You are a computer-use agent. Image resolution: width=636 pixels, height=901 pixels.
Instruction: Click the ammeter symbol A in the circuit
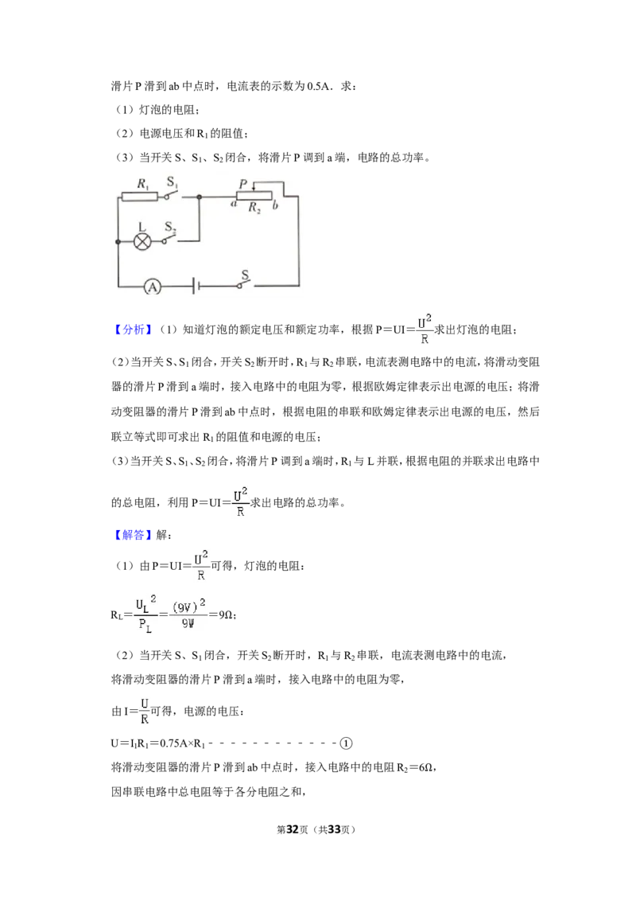point(152,287)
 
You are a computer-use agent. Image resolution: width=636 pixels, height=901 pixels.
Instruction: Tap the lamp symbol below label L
point(142,241)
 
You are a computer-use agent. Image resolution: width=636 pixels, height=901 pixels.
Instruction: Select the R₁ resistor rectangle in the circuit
point(138,197)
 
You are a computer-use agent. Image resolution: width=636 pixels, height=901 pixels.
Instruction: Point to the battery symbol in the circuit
point(195,285)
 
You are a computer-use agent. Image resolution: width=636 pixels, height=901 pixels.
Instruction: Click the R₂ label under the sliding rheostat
point(254,208)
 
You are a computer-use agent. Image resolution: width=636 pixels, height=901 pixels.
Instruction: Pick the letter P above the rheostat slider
point(243,184)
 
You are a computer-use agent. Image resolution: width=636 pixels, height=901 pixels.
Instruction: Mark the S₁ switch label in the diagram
point(173,182)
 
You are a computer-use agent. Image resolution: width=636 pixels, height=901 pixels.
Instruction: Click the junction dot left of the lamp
point(118,242)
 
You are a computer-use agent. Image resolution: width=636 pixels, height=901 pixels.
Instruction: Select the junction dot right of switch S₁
point(200,197)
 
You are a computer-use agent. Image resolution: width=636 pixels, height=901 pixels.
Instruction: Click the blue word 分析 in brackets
point(134,330)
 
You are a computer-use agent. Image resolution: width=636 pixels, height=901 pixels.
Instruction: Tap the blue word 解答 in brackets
point(134,535)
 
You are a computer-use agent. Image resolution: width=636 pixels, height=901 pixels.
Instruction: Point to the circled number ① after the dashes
point(346,743)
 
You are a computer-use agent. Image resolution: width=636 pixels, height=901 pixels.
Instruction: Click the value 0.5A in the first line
point(320,86)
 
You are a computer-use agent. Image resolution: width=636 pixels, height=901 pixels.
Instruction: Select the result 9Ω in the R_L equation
point(226,614)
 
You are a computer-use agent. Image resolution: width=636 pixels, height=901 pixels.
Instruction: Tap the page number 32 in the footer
point(293,829)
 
